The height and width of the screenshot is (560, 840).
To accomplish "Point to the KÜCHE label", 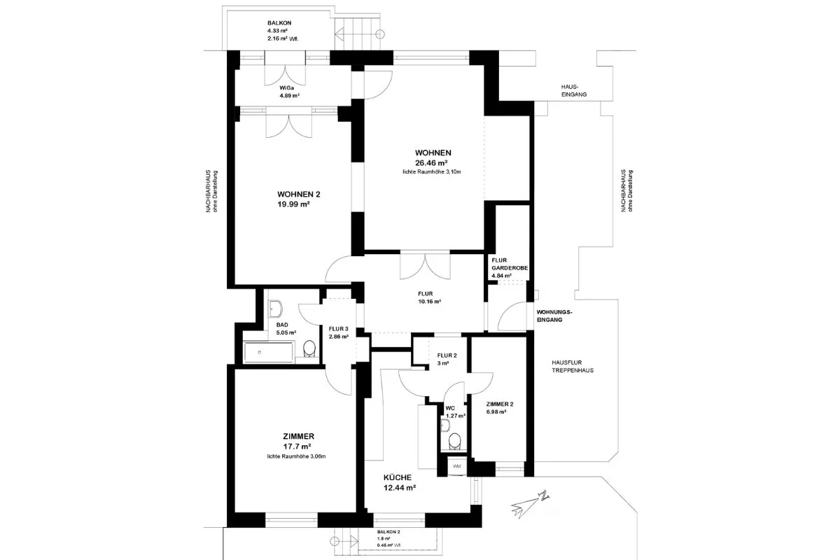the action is pyautogui.click(x=399, y=482).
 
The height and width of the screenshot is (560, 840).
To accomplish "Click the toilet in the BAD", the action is pyautogui.click(x=309, y=349).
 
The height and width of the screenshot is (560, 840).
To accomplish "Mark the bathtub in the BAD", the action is pyautogui.click(x=269, y=352).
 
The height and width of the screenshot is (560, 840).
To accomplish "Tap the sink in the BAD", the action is pyautogui.click(x=277, y=308).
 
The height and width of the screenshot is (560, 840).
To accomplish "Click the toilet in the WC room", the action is pyautogui.click(x=454, y=440).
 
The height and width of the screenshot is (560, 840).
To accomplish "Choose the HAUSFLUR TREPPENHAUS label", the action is pyautogui.click(x=572, y=365).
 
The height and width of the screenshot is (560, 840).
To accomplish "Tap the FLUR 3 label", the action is pyautogui.click(x=338, y=332).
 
